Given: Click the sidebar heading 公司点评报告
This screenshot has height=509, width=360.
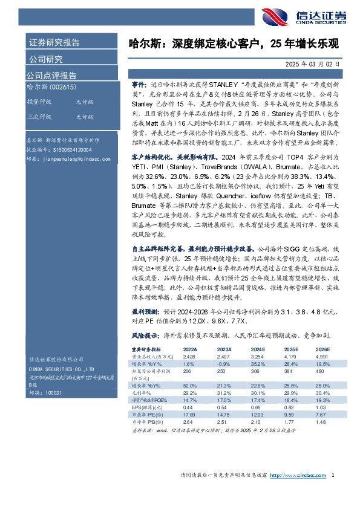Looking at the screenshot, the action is click(51, 76).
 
